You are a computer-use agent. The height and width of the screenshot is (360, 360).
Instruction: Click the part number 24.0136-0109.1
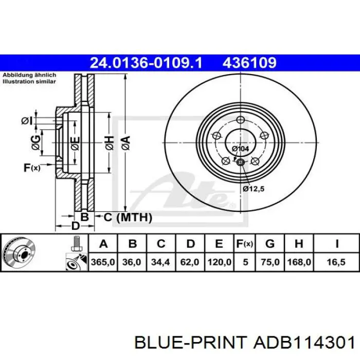(x=146, y=63)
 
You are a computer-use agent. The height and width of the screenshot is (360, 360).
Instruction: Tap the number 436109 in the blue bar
(x=249, y=63)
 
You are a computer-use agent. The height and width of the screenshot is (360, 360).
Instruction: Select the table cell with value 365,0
(x=103, y=262)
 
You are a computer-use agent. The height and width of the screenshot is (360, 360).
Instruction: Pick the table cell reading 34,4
(x=160, y=262)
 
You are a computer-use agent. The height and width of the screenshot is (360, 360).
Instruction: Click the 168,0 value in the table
(x=299, y=262)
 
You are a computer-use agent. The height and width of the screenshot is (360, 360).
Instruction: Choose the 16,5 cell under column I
(x=336, y=262)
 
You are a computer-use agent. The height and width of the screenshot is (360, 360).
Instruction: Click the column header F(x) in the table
(x=245, y=243)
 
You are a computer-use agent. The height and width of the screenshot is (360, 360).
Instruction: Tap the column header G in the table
(x=270, y=243)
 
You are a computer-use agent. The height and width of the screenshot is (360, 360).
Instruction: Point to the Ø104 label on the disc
(x=240, y=149)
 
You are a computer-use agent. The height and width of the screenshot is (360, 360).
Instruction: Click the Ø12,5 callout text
(x=254, y=189)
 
